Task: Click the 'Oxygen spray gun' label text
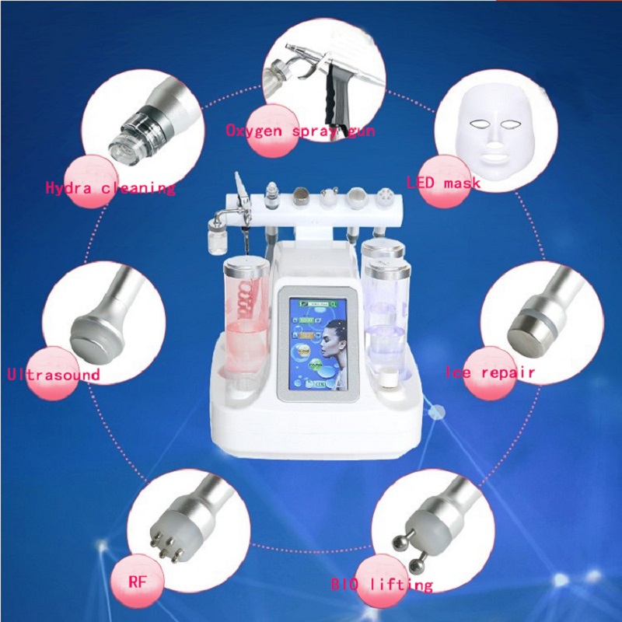299,131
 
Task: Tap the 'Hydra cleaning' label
110,187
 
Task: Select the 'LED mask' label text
442,183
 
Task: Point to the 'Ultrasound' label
53,375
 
